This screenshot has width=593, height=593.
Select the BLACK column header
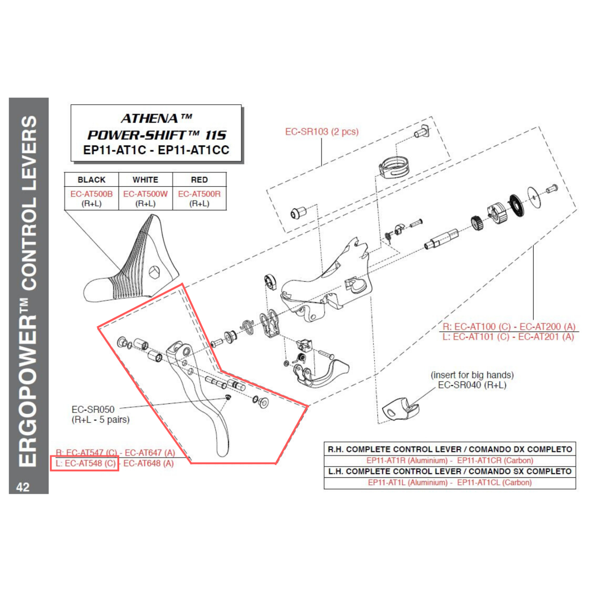[x=91, y=180]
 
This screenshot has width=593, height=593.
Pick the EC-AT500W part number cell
[x=145, y=194]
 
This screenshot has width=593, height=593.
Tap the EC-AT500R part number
[x=199, y=194]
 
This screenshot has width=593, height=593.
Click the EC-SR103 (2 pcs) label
[x=322, y=132]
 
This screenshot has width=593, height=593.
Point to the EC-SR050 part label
[x=93, y=409]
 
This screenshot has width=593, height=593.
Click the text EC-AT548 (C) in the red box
[x=89, y=463]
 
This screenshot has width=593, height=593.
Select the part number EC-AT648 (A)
[x=149, y=463]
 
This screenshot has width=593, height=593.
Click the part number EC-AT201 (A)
[x=546, y=337]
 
